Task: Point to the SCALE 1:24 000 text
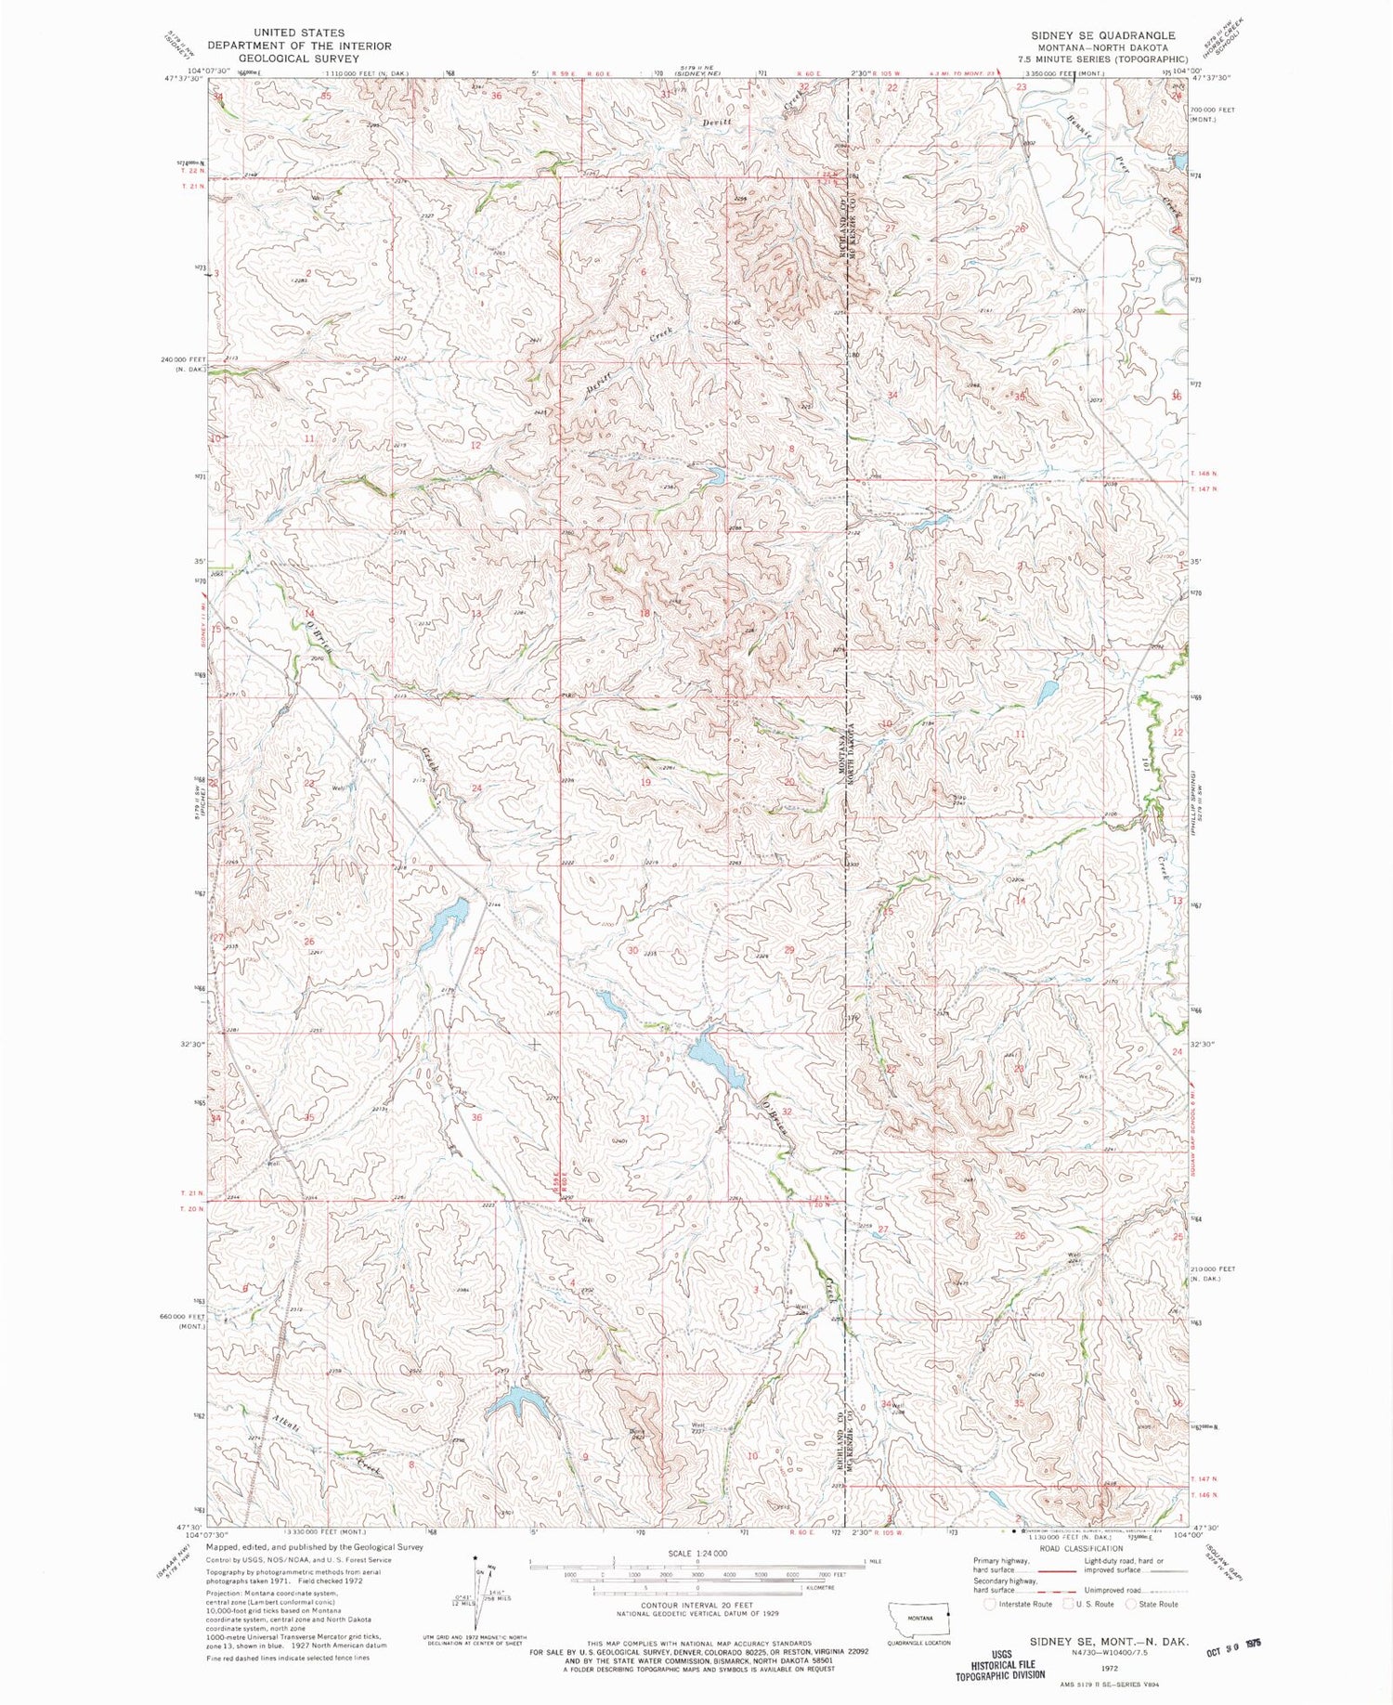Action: pos(696,1553)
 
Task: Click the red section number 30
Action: pos(632,951)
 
